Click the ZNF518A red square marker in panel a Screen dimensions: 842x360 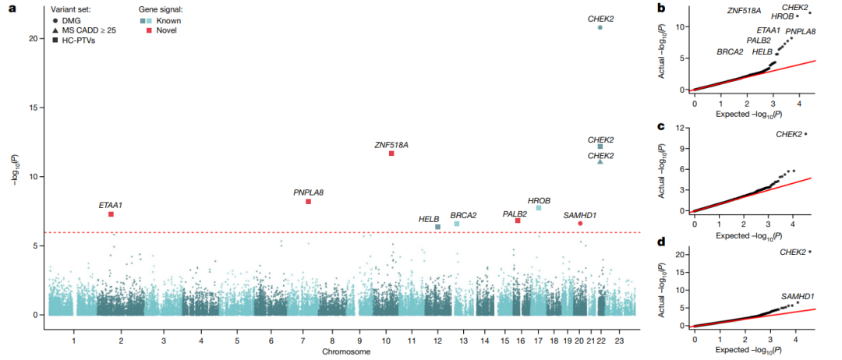pyautogui.click(x=391, y=154)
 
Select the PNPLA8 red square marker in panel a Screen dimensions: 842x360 pyautogui.click(x=308, y=202)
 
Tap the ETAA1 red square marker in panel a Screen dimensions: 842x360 pyautogui.click(x=111, y=214)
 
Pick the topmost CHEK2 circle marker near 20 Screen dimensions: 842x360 pyautogui.click(x=600, y=27)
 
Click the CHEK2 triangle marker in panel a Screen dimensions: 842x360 pyautogui.click(x=600, y=161)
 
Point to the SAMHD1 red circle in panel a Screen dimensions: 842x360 pyautogui.click(x=580, y=223)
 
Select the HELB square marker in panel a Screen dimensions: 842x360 pyautogui.click(x=437, y=227)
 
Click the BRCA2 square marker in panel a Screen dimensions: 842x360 pyautogui.click(x=457, y=224)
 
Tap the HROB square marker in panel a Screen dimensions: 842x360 pyautogui.click(x=539, y=207)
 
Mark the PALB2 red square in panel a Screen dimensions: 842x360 pyautogui.click(x=518, y=221)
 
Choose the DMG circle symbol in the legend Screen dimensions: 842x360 pyautogui.click(x=56, y=20)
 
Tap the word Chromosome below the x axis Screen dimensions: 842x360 pyautogui.click(x=345, y=352)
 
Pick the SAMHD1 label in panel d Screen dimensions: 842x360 pyautogui.click(x=798, y=295)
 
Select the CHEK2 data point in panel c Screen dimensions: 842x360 pyautogui.click(x=805, y=133)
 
